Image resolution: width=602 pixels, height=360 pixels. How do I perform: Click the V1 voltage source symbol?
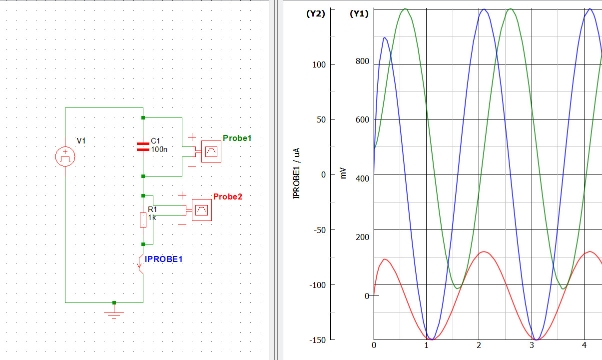pos(65,156)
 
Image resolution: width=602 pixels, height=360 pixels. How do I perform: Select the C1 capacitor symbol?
pos(143,146)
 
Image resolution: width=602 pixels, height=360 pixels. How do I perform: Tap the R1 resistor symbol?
pos(143,220)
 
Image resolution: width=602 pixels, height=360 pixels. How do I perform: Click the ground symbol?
pos(114,313)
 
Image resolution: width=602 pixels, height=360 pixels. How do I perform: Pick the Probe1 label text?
pos(237,138)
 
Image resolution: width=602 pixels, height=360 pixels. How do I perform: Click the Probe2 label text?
pos(228,196)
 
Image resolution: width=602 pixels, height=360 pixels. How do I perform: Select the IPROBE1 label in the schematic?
pos(164,259)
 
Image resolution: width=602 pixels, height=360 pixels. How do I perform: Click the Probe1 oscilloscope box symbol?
pos(211,151)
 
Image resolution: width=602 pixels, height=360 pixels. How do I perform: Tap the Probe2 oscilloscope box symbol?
pos(201,210)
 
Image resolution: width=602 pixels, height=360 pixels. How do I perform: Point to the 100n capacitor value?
pos(159,149)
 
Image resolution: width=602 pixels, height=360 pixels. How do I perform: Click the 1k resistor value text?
pos(152,217)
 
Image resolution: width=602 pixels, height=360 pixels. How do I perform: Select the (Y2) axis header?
pos(316,13)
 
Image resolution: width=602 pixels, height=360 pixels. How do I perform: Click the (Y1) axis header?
pos(359,13)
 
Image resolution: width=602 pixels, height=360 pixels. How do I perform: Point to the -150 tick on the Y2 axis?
pos(317,340)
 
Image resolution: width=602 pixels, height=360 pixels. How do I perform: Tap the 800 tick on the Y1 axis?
pos(362,61)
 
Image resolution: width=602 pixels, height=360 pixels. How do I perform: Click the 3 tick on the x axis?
pos(532,345)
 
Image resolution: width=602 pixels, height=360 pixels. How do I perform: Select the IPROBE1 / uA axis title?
pos(296,173)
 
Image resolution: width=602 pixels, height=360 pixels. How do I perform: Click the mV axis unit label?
pos(343,173)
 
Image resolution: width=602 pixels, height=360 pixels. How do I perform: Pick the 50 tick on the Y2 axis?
pos(321,119)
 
